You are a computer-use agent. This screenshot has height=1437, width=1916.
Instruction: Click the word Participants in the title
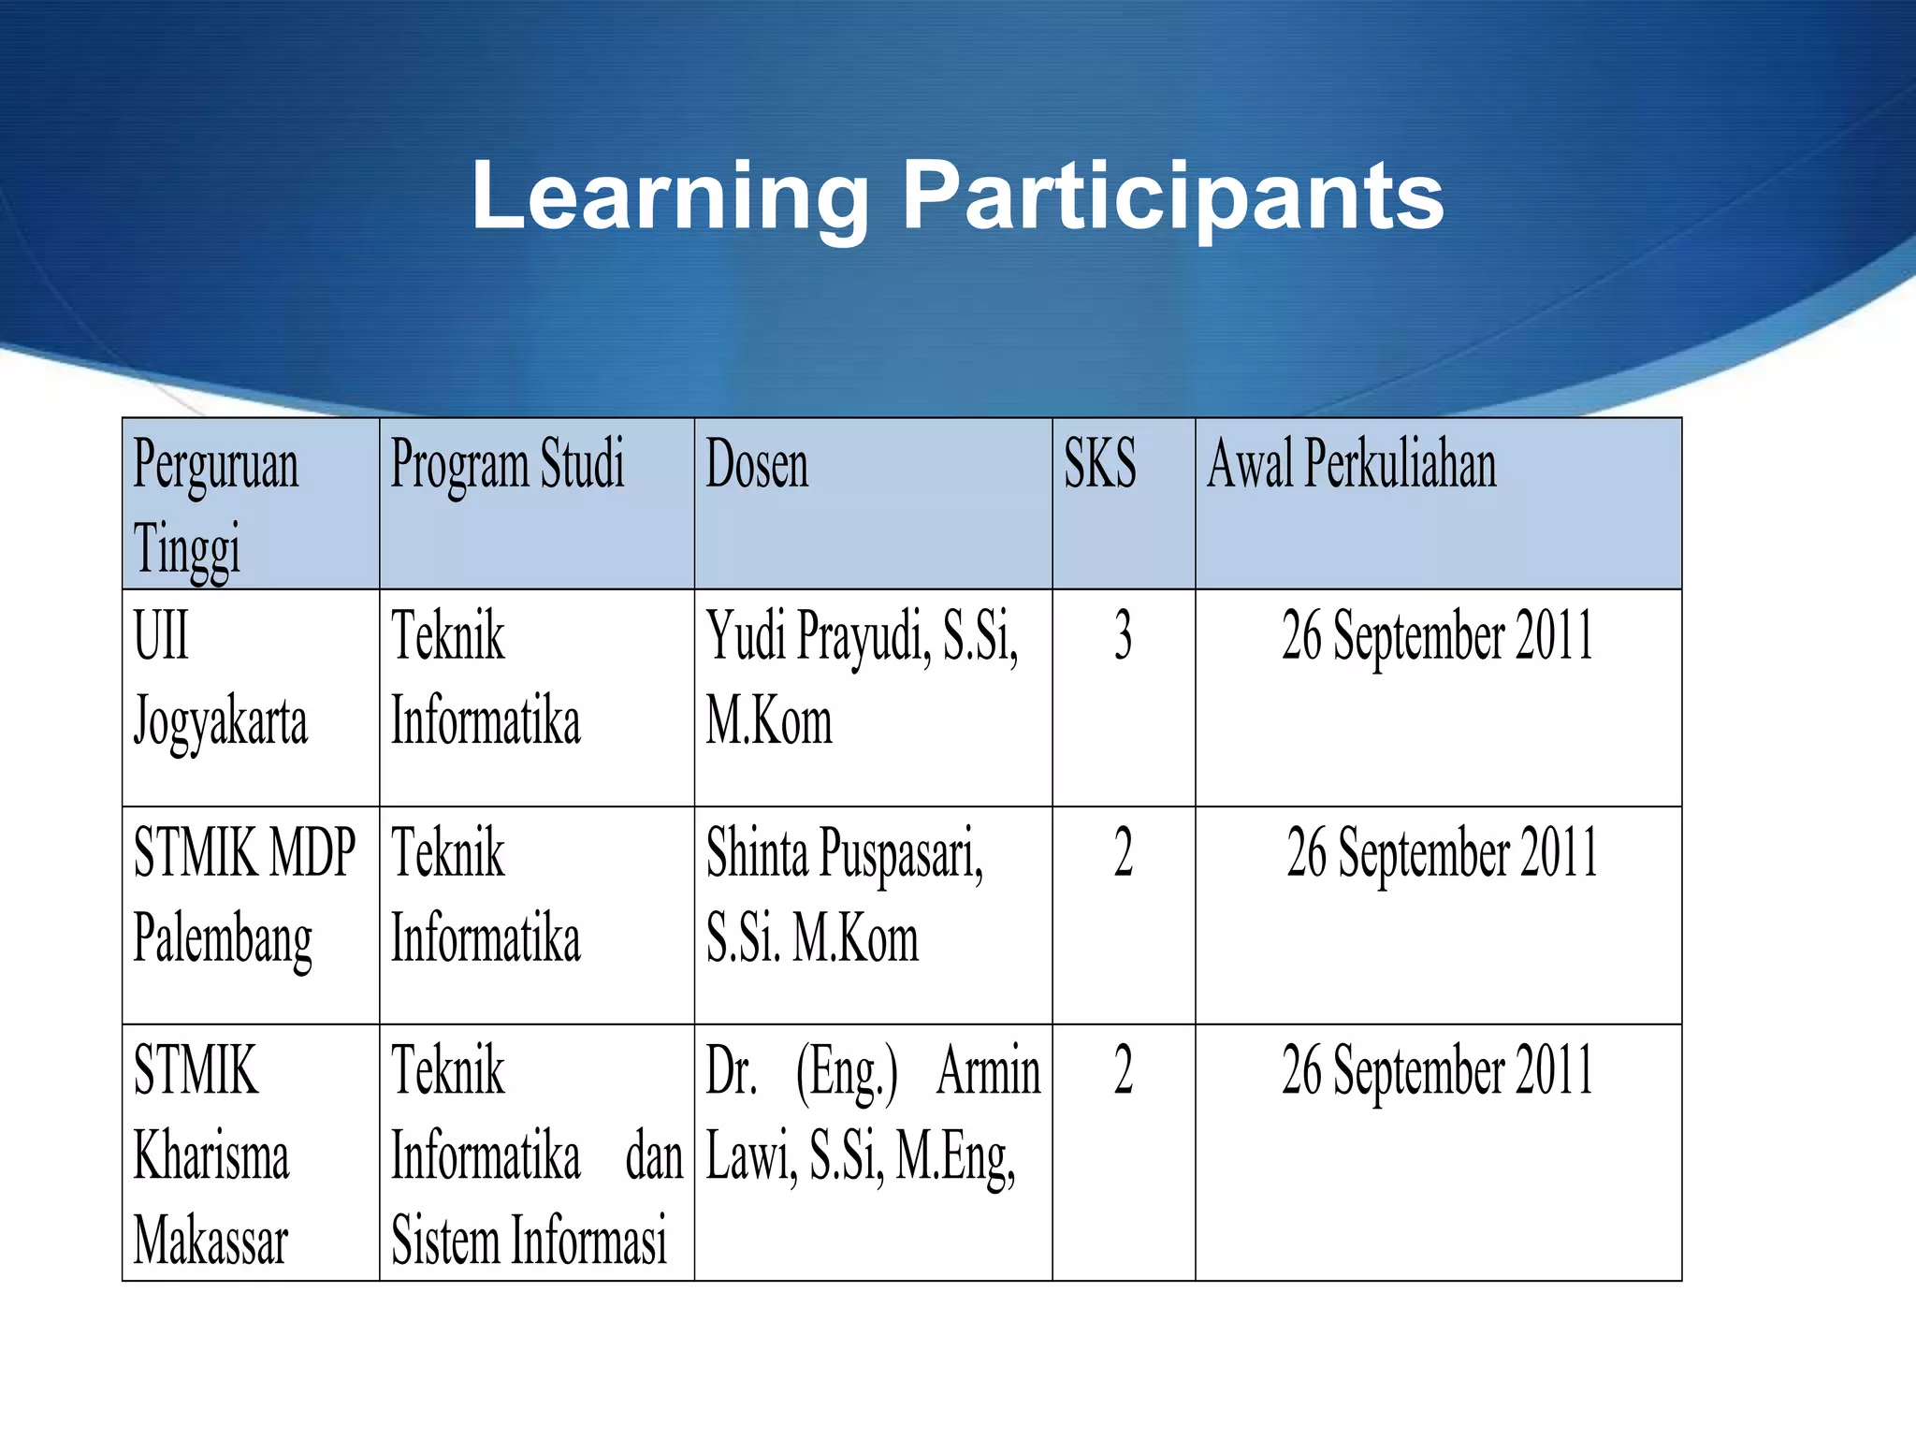[x=1173, y=196]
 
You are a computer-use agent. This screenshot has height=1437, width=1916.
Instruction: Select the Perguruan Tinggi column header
[x=216, y=505]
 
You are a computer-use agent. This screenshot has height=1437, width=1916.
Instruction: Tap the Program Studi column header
[x=506, y=464]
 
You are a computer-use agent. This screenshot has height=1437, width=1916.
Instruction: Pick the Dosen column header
[x=756, y=464]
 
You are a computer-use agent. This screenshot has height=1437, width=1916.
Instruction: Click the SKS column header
[x=1100, y=464]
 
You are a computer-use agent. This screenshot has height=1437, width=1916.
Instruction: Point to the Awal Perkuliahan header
[x=1351, y=464]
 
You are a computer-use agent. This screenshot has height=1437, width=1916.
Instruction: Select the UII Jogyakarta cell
[x=220, y=678]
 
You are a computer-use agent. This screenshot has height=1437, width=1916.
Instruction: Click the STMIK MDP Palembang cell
[x=243, y=895]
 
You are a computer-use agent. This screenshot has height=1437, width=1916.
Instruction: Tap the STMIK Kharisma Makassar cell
[x=211, y=1155]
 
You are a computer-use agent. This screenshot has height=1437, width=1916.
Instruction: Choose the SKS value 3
[x=1123, y=636]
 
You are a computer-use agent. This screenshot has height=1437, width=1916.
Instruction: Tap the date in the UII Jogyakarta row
[x=1437, y=636]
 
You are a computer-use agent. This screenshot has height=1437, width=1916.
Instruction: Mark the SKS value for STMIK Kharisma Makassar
[x=1123, y=1071]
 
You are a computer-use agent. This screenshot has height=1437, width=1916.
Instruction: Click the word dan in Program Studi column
[x=654, y=1157]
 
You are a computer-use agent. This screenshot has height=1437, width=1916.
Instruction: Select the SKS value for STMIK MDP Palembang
[x=1123, y=853]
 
